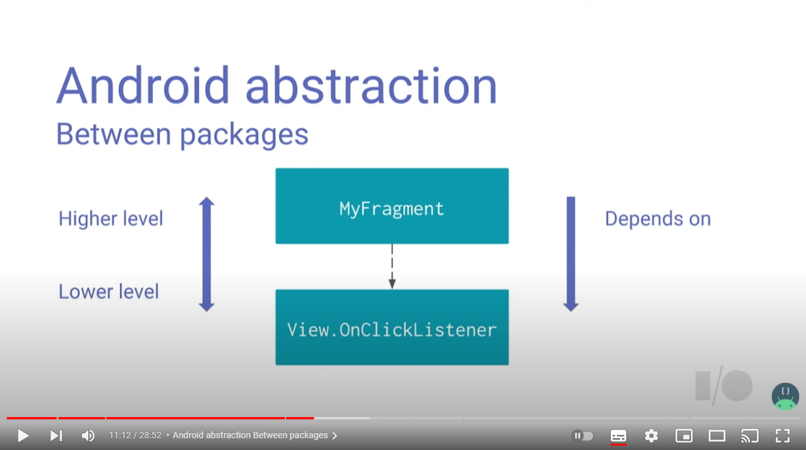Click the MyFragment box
392,206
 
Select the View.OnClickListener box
392,327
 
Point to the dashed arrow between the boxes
392,266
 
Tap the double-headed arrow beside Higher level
206,254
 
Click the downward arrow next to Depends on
570,254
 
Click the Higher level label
111,219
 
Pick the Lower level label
109,291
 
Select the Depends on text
657,219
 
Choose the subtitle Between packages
182,134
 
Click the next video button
56,436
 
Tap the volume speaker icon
88,436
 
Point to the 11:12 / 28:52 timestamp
135,436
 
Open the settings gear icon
651,436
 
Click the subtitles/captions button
618,436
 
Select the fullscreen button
782,436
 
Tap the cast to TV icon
750,436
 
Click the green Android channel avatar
785,396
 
